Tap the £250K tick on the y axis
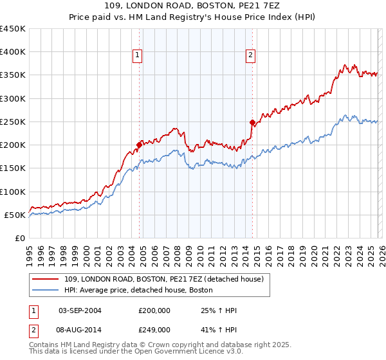pos(13,122)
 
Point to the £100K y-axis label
pos(13,192)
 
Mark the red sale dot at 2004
pos(139,145)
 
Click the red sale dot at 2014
pos(252,122)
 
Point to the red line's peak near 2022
pos(345,64)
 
